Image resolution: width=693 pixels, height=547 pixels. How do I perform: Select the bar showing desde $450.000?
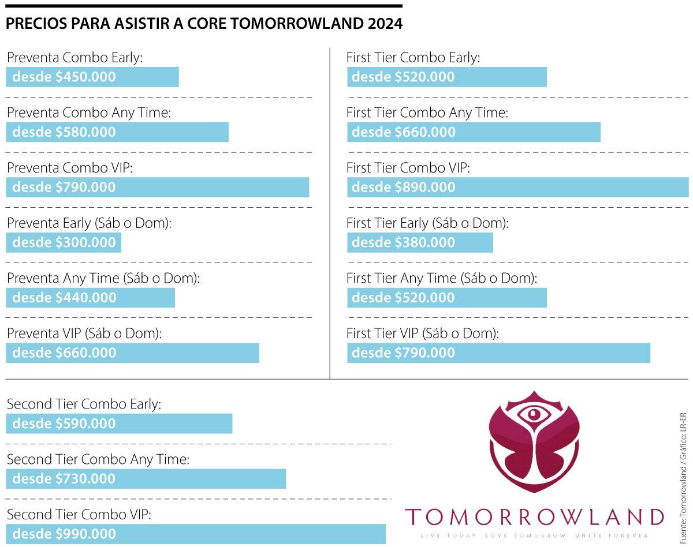coord(92,77)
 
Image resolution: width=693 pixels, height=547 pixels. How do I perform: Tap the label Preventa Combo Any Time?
coord(89,113)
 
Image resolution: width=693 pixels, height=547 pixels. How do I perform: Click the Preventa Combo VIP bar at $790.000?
coord(158,187)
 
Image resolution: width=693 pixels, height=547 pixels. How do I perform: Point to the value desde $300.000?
coord(64,242)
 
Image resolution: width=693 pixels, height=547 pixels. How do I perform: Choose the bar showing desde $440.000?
coord(91,298)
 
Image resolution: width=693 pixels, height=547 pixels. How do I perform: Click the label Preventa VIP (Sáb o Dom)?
coord(84,334)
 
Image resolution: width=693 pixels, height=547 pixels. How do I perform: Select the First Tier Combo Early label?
coord(413,58)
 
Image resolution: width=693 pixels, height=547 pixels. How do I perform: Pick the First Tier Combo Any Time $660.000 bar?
coord(474,132)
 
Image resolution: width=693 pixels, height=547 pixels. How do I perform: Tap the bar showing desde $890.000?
coord(517,187)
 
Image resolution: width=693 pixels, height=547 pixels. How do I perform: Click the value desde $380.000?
coord(404,242)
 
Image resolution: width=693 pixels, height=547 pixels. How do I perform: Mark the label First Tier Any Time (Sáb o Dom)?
coord(442,279)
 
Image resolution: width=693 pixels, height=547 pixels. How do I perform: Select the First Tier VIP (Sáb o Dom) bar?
coord(498,353)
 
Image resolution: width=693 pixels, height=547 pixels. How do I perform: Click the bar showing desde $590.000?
coord(119,424)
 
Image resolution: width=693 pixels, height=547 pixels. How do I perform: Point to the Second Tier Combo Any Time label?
coord(98,460)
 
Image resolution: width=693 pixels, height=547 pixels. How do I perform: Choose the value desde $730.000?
coord(64,479)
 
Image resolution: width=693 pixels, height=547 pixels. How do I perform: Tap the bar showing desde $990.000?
coord(196,534)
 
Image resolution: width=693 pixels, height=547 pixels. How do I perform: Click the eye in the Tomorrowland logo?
coord(534,414)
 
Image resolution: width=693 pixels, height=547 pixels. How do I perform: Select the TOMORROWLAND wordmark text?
coord(534,516)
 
